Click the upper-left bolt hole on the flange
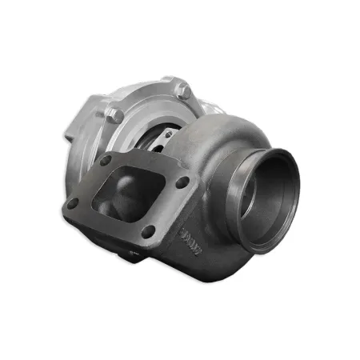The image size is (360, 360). [x=106, y=160]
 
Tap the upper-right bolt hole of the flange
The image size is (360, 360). [x=183, y=182]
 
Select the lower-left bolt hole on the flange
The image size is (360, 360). [x=73, y=203]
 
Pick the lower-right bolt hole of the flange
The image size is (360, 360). [x=148, y=232]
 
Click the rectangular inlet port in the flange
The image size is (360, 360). [x=128, y=194]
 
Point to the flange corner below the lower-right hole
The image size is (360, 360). [x=152, y=243]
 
